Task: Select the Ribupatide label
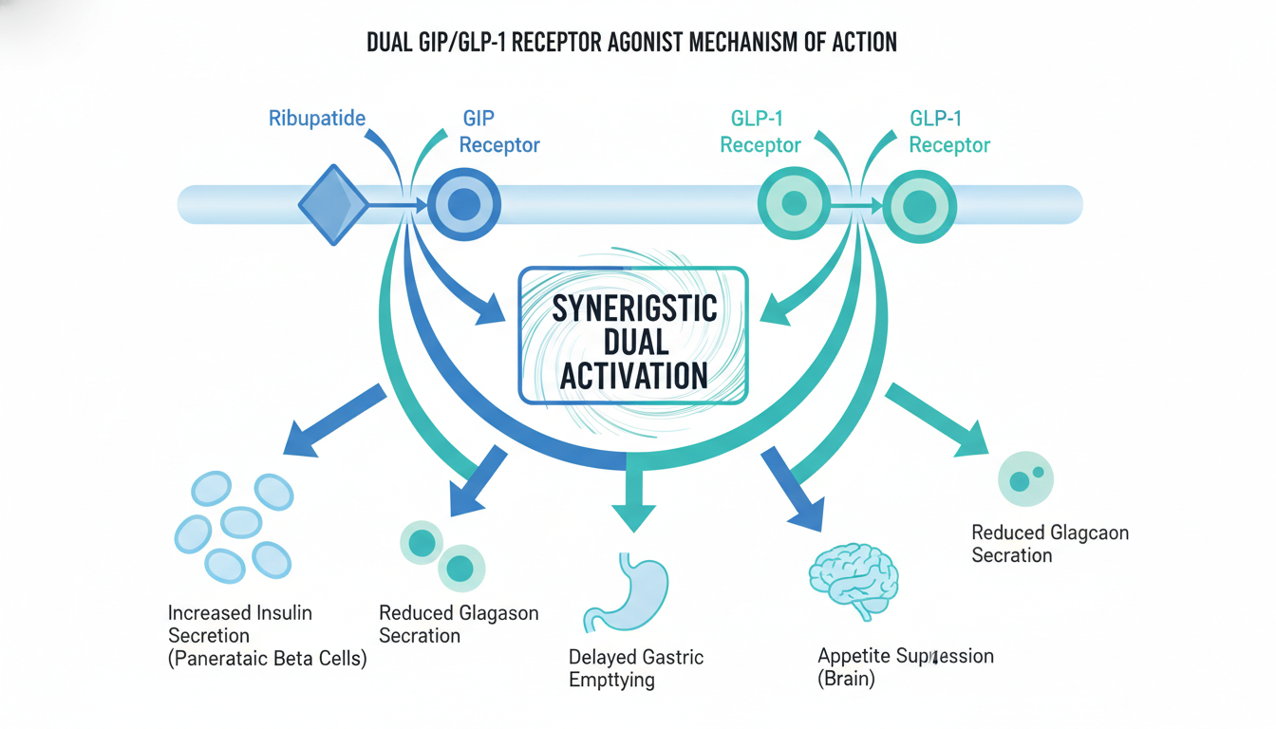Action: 317,120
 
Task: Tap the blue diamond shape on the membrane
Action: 333,205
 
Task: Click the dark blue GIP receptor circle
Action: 463,205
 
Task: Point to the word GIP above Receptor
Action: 478,120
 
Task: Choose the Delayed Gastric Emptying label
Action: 636,668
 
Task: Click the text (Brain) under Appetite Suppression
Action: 847,679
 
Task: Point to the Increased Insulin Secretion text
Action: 239,624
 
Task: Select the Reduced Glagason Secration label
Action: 459,624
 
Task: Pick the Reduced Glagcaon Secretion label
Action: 1050,544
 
